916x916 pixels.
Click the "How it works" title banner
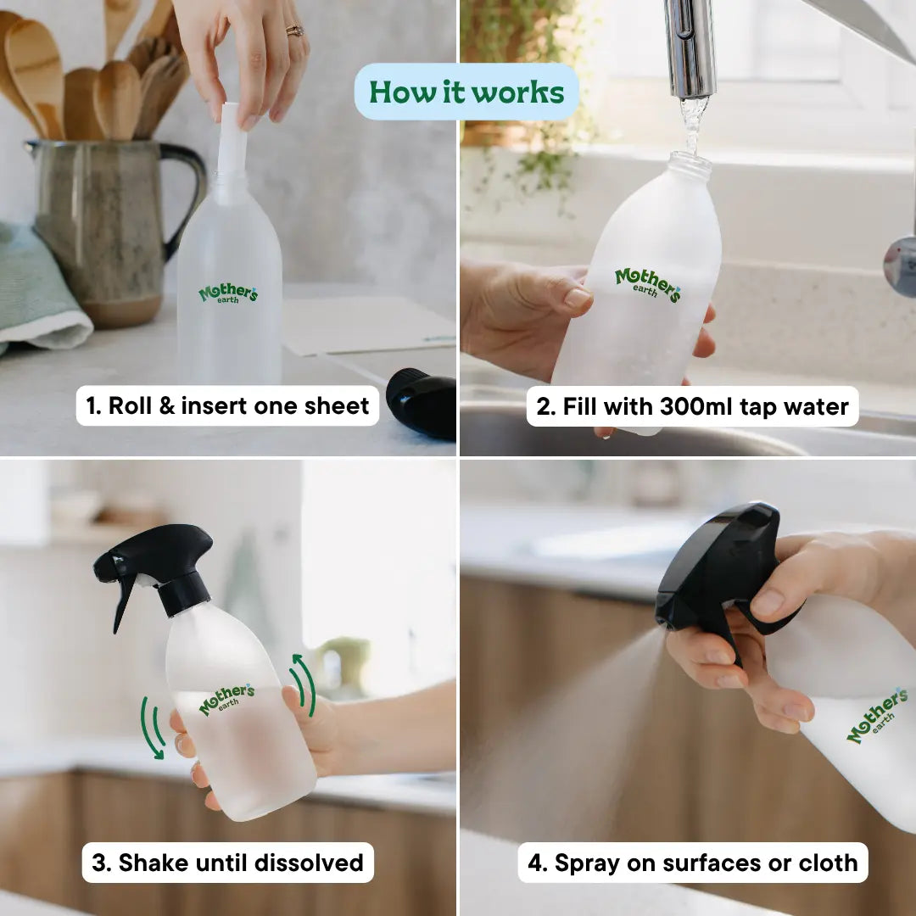(x=466, y=92)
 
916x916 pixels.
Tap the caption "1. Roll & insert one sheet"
(x=227, y=406)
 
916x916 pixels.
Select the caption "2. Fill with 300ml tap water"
(x=693, y=407)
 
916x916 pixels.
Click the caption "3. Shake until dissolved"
(x=227, y=863)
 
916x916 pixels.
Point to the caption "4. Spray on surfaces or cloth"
(x=693, y=863)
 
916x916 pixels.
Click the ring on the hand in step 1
(x=294, y=31)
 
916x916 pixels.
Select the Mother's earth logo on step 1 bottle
(x=228, y=293)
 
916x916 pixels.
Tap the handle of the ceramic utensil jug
(x=188, y=195)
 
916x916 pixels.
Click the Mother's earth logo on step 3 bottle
(x=226, y=699)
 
